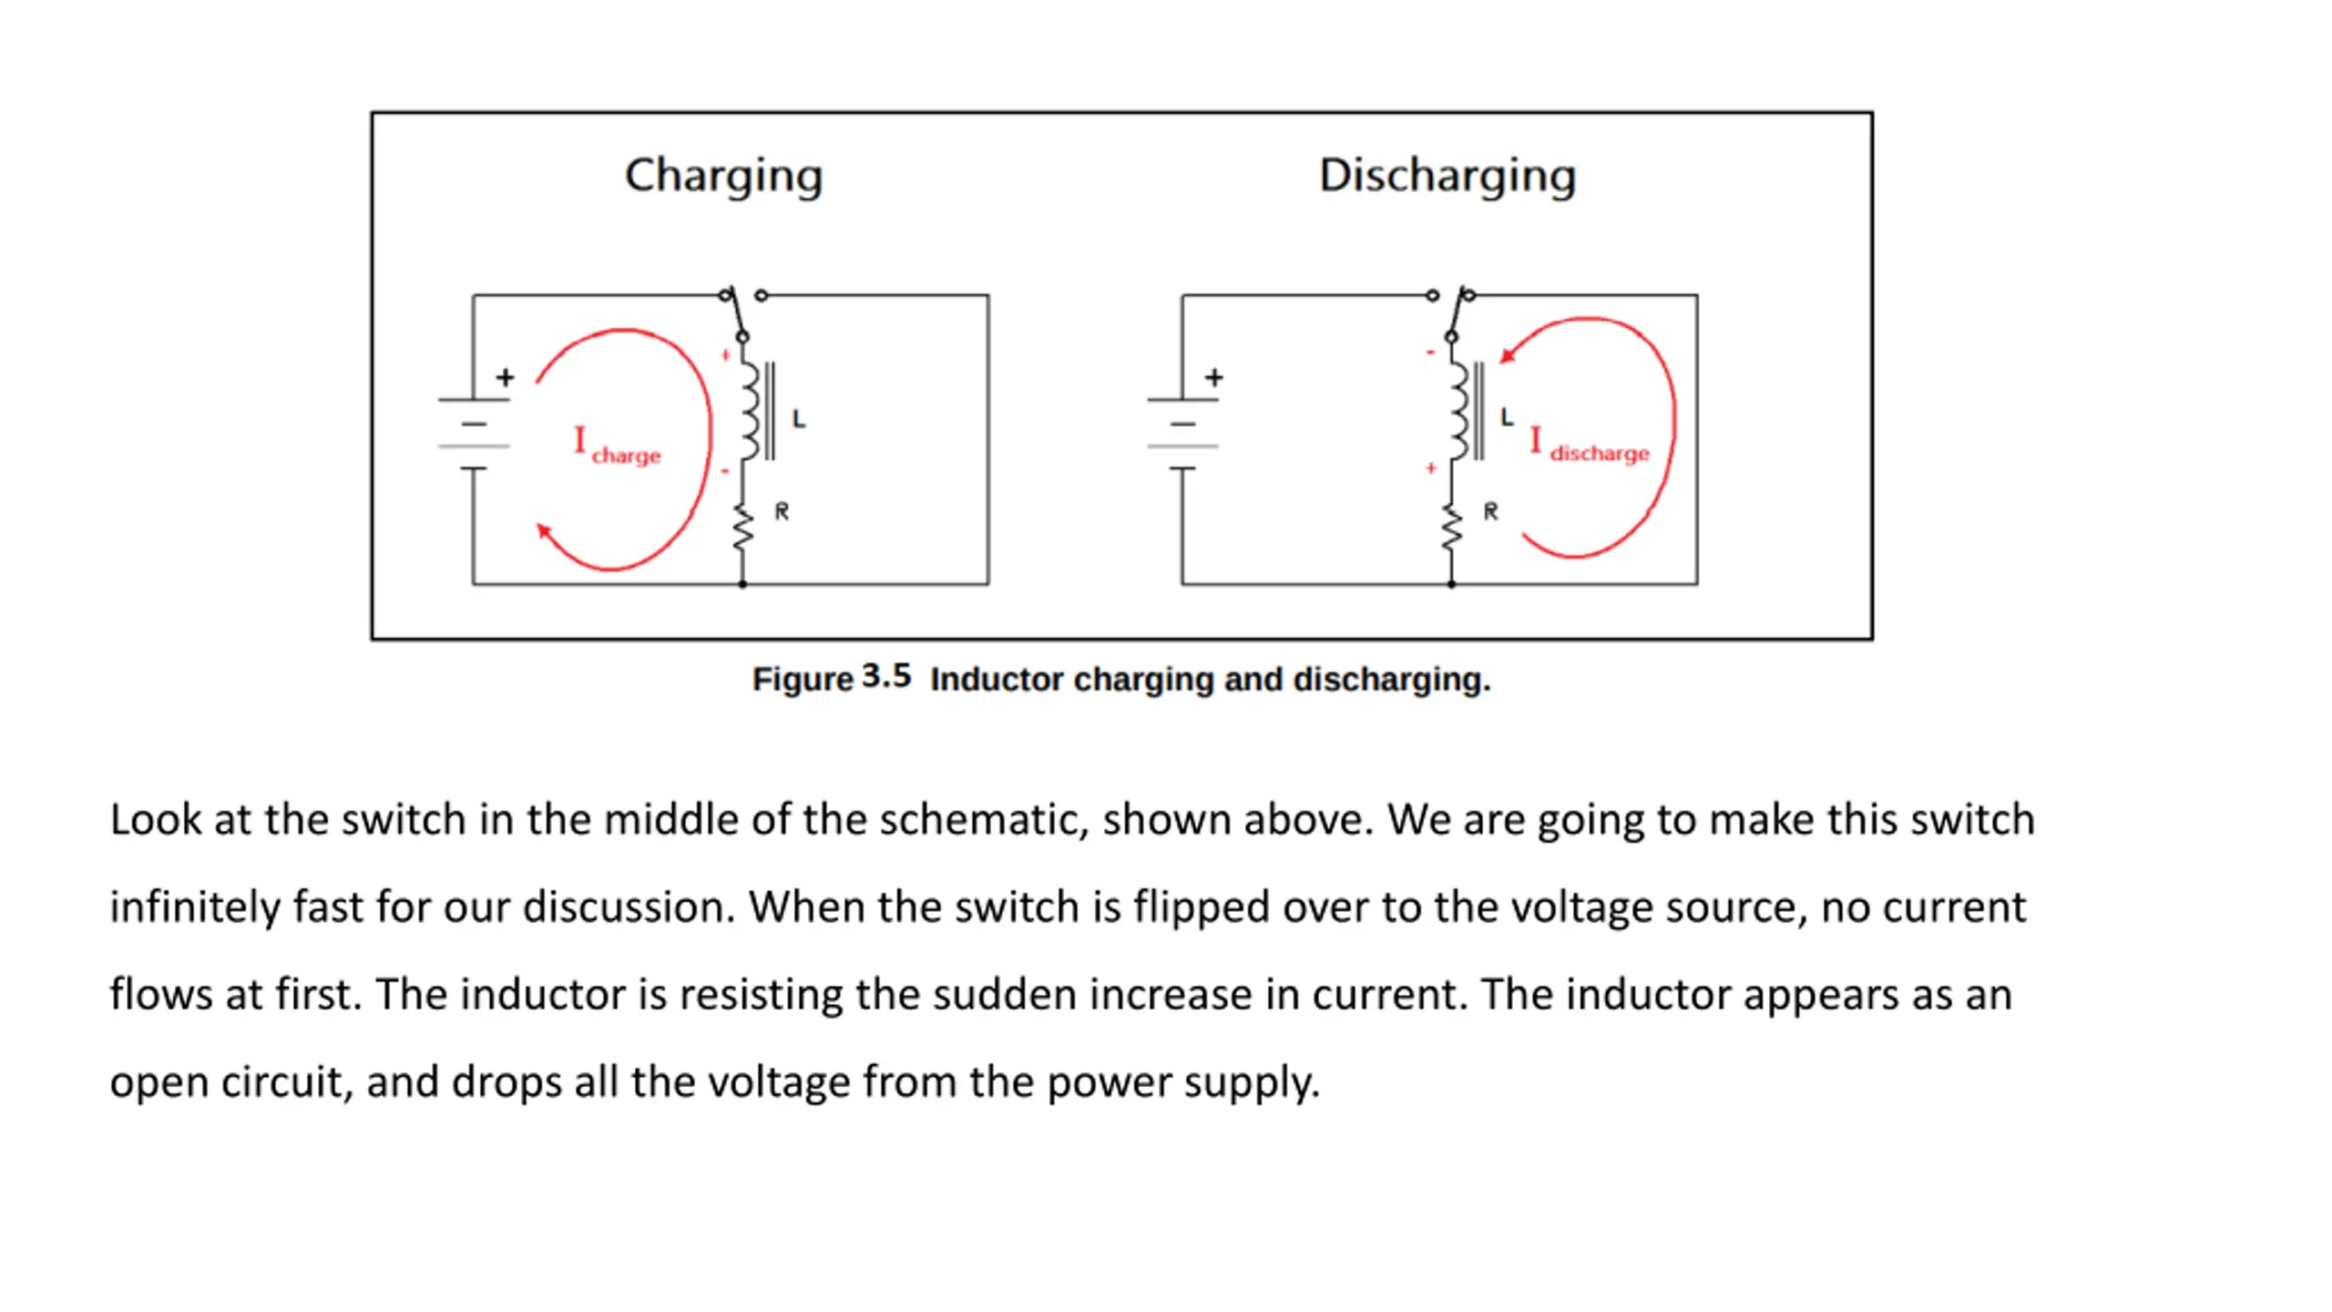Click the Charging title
tap(723, 175)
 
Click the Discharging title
tap(1447, 175)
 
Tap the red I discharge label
tap(1590, 445)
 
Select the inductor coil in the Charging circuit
tap(749, 412)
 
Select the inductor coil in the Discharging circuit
tap(1458, 412)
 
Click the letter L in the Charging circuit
tap(798, 419)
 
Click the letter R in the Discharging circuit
tap(1490, 511)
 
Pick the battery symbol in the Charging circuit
tap(474, 435)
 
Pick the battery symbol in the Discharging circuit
tap(1182, 435)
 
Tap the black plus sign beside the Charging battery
tap(506, 376)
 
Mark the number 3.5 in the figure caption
tap(886, 676)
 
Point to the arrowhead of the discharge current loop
tap(1507, 355)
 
